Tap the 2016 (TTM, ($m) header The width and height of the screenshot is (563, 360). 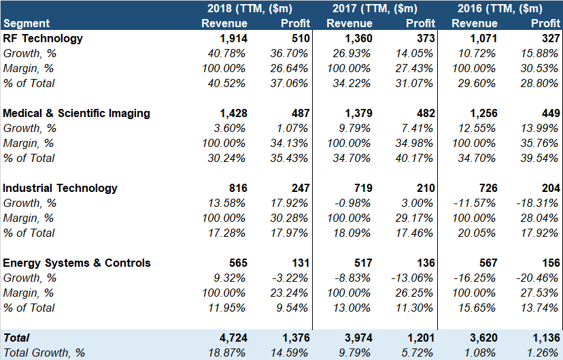point(500,9)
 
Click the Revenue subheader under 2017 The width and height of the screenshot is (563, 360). point(349,24)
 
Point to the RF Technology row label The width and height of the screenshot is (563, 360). point(43,39)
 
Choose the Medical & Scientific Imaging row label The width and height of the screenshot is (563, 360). point(77,114)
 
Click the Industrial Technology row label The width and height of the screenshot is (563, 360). point(61,189)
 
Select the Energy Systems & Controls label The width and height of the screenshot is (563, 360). point(77,263)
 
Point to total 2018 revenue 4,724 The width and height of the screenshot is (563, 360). point(233,338)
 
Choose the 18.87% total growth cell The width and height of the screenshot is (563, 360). point(225,353)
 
